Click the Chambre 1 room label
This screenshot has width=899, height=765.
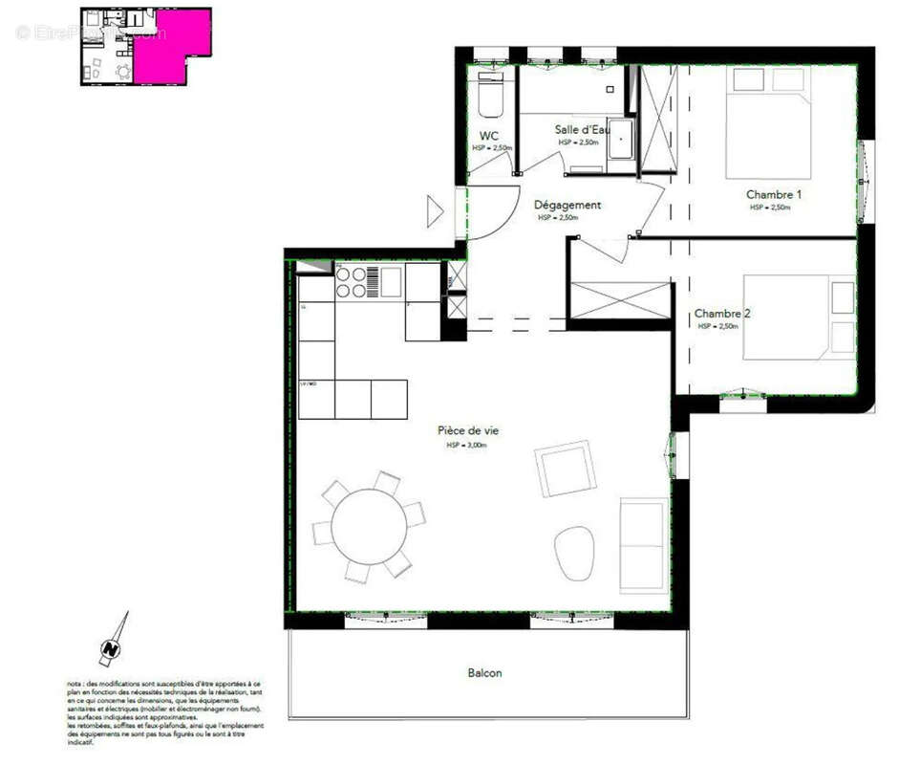pos(773,195)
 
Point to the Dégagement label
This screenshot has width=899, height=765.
pos(567,205)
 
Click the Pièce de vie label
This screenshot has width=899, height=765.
pos(467,431)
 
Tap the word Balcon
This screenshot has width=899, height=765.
pos(484,673)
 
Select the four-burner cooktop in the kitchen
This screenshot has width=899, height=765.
pos(351,281)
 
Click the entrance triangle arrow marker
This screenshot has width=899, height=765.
pos(435,211)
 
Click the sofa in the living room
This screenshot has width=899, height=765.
pos(642,544)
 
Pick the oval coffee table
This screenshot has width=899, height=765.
pos(573,552)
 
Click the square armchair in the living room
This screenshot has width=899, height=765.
pos(566,469)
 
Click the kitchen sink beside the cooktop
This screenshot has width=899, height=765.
pos(391,281)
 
